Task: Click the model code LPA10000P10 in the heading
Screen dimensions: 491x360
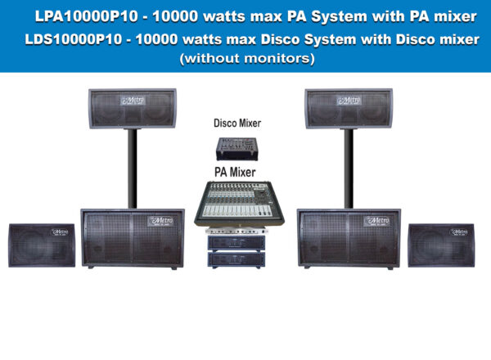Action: point(86,16)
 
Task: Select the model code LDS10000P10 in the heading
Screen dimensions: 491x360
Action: point(74,39)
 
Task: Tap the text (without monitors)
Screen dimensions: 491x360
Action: point(247,58)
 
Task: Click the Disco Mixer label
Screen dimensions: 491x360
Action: point(237,123)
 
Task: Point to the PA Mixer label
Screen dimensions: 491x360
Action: point(235,172)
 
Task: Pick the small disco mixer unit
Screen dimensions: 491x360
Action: point(237,149)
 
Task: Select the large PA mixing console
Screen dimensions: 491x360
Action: point(239,204)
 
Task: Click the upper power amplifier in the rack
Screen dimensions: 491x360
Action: point(236,243)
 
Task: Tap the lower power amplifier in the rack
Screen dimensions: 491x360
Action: point(236,260)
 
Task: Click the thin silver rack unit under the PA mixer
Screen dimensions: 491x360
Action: point(236,232)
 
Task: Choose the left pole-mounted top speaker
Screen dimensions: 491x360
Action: point(133,109)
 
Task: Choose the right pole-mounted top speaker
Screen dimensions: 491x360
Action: point(349,109)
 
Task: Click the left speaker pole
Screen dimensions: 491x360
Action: point(133,169)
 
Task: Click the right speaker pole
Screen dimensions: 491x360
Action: point(349,169)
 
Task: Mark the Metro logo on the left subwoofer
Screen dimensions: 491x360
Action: point(160,221)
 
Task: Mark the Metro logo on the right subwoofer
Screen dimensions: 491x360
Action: point(376,221)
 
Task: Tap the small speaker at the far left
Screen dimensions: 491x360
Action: point(42,245)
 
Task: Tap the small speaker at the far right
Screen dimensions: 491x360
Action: point(441,245)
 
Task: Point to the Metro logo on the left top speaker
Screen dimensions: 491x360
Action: point(133,101)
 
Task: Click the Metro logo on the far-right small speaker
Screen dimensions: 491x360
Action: point(459,232)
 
